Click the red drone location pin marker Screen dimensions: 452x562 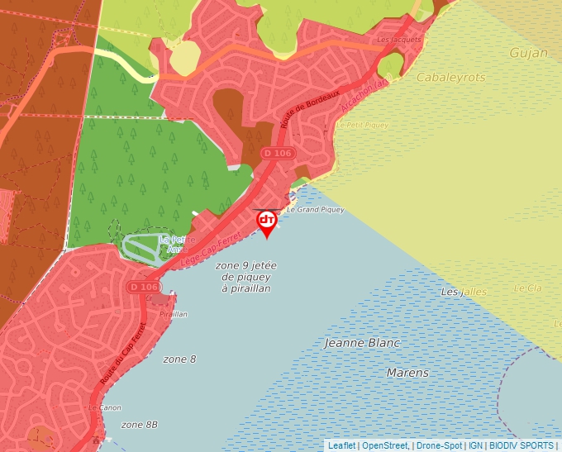click(x=267, y=221)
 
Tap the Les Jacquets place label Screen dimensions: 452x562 click(x=398, y=39)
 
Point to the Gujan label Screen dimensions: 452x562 click(x=528, y=53)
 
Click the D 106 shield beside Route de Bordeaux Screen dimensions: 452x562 click(x=278, y=153)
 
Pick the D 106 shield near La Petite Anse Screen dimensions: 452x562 click(x=143, y=287)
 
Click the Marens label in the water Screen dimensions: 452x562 click(x=407, y=373)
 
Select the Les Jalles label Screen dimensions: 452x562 click(x=464, y=292)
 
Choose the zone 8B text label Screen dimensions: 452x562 click(x=139, y=425)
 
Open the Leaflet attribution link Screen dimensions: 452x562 click(x=342, y=445)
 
